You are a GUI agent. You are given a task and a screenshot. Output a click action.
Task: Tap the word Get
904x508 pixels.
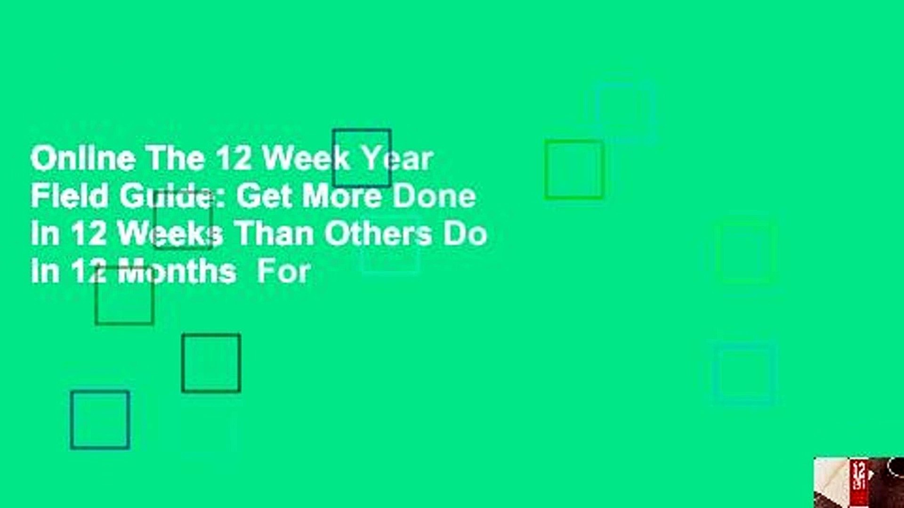tap(263, 196)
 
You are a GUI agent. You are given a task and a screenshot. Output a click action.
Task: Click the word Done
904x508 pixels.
tap(434, 196)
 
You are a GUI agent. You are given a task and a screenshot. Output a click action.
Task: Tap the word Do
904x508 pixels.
tap(465, 234)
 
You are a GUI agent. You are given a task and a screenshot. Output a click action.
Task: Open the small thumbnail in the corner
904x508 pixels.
tap(859, 482)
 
